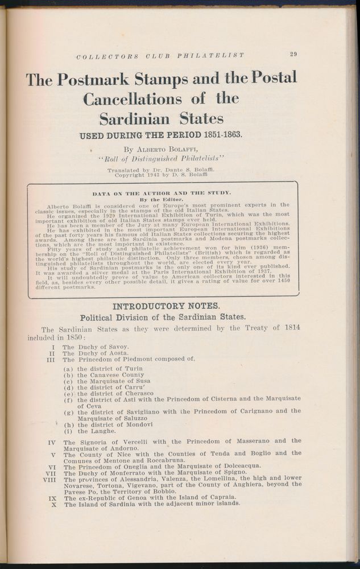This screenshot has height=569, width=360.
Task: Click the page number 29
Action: point(293,55)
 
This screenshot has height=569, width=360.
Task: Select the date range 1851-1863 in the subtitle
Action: point(218,135)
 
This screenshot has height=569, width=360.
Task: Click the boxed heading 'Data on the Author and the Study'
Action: point(162,193)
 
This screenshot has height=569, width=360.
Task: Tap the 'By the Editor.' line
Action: point(163,200)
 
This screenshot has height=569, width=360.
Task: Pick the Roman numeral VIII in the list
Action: point(48,481)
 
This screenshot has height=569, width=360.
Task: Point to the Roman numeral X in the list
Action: point(53,504)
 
